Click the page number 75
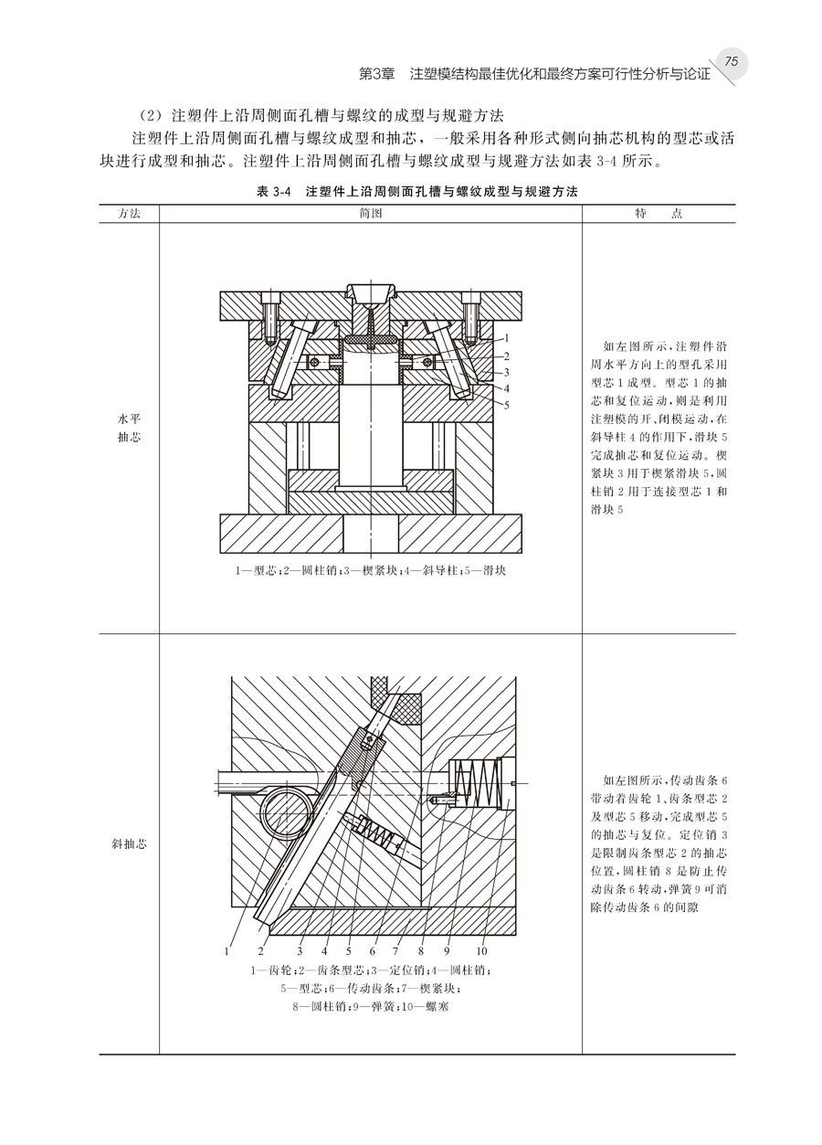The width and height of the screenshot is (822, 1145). coord(731,60)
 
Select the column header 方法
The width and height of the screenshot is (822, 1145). coord(129,212)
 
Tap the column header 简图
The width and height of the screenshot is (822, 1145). coord(370,212)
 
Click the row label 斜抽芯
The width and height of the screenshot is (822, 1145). coord(128,843)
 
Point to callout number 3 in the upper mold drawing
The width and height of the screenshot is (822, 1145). coord(505,372)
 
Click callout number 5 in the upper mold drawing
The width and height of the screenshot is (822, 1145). coord(505,404)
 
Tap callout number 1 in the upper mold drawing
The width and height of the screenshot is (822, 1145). coord(505,339)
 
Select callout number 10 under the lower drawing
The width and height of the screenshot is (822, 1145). coord(481,950)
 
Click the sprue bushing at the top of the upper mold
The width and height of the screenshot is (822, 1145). coord(370,302)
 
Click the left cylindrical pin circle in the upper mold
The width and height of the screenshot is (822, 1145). coord(315,362)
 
